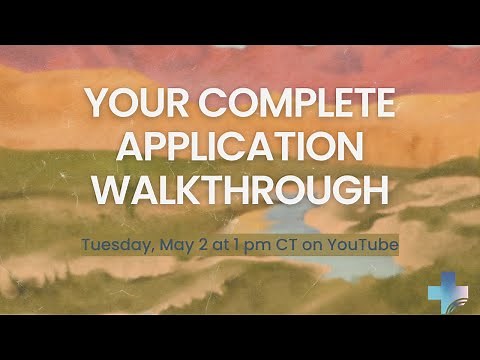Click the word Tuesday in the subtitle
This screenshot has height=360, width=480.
pos(114,243)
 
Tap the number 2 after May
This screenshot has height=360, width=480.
pos(198,243)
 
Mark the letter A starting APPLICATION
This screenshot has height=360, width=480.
pos(136,146)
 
